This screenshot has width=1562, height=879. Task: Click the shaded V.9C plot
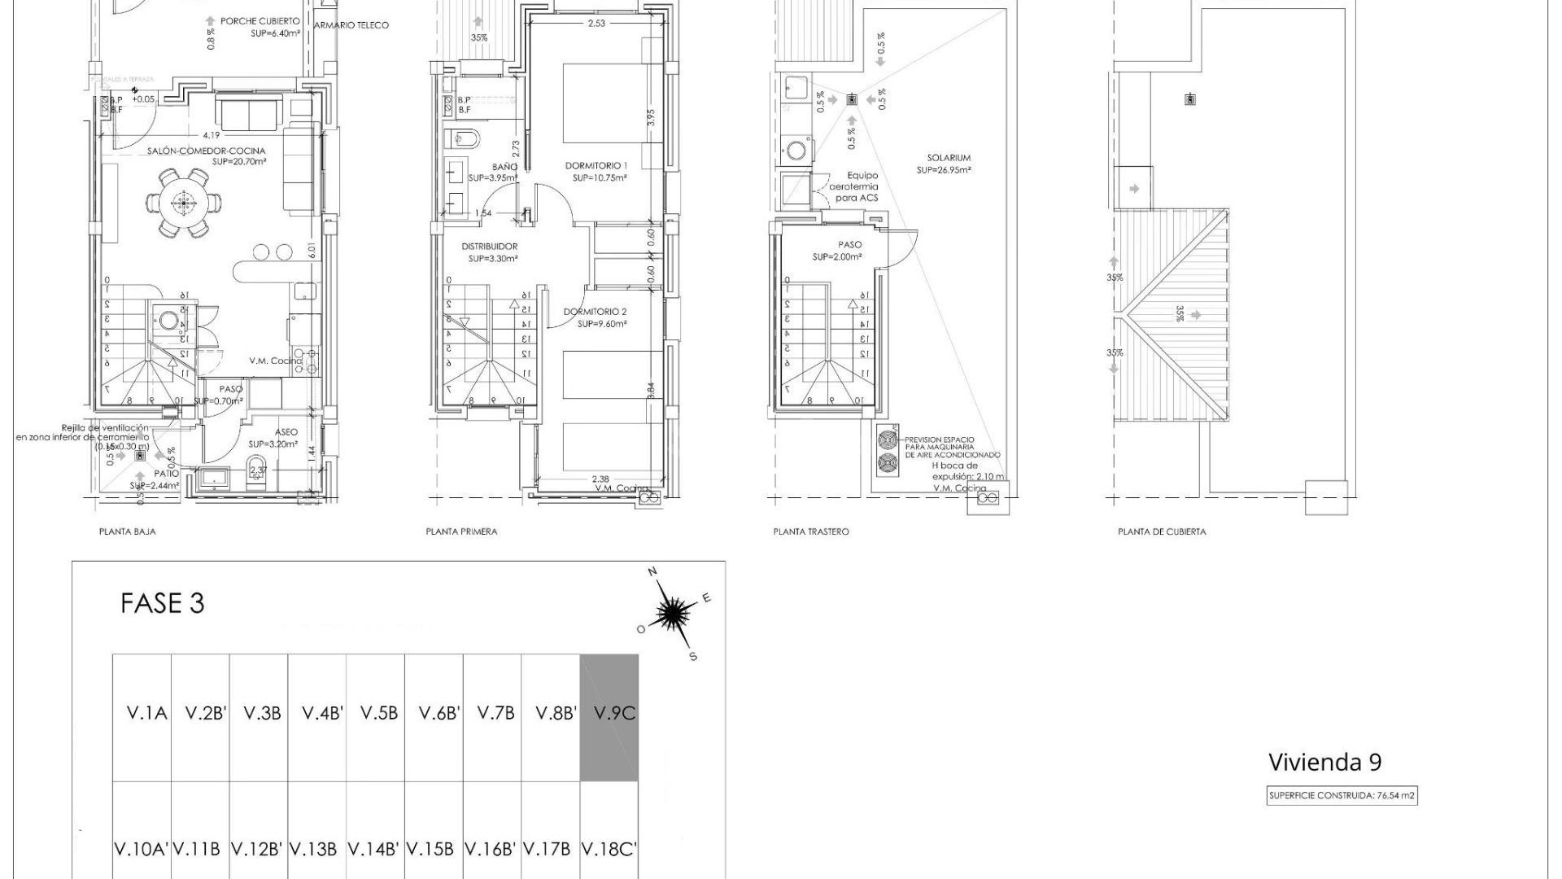pos(609,716)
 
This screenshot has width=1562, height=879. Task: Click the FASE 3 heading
pos(162,603)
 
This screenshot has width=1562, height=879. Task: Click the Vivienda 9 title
pos(1324,763)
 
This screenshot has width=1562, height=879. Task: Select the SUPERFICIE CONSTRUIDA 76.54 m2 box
pos(1342,796)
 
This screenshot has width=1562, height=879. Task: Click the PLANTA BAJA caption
pos(127,531)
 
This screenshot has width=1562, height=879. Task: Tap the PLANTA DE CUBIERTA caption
pos(1162,531)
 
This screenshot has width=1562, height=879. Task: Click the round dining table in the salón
pos(184,202)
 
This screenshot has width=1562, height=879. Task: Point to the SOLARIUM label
pos(948,158)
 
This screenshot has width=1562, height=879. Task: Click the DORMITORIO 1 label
pos(596,166)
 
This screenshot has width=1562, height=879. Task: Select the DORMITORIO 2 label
pos(595,312)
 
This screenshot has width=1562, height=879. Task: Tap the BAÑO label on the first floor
pos(504,167)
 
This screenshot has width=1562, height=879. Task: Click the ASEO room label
pos(286,432)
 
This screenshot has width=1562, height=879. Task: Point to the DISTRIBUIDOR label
pos(489,247)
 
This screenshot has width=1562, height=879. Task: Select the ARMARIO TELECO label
pos(351,25)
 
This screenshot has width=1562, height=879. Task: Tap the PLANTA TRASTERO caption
pos(810,531)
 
